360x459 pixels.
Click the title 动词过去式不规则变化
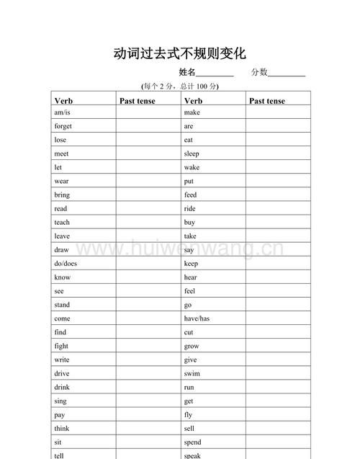point(180,53)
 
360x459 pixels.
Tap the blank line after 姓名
point(215,73)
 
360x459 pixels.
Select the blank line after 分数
point(287,73)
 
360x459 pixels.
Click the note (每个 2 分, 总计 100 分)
point(180,86)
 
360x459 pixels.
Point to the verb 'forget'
point(63,126)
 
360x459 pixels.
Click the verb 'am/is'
point(62,112)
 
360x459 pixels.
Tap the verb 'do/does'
point(65,264)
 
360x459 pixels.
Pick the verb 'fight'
point(61,346)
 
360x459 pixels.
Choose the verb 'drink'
point(61,387)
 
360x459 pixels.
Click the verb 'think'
point(61,428)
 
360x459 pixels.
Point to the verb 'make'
point(192,112)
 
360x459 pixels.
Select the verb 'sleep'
point(192,153)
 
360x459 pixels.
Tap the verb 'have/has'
point(197,318)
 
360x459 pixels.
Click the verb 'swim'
point(192,373)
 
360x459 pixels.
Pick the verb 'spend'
point(193,442)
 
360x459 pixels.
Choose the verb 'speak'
point(192,455)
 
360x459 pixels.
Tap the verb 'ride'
point(190,208)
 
